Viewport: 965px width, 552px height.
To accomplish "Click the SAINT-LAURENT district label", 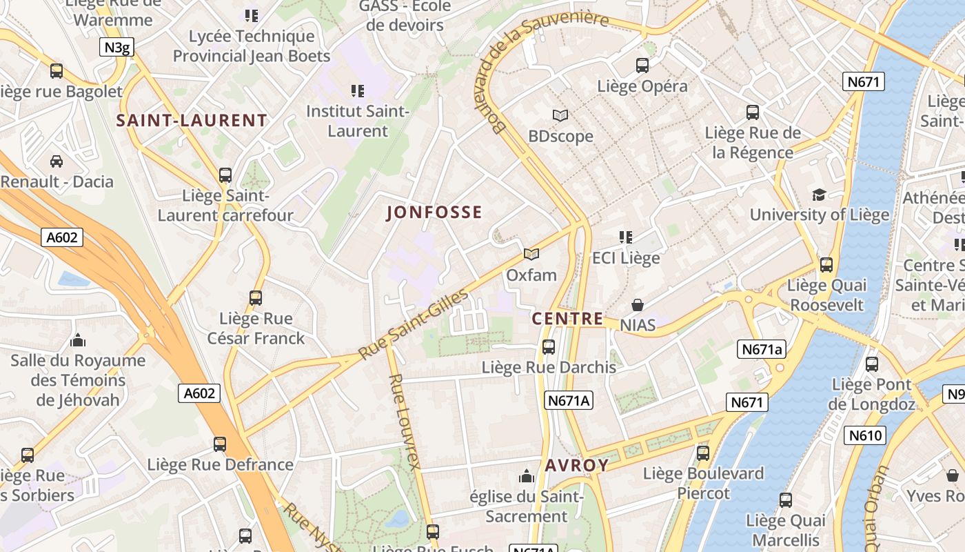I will click(191, 121).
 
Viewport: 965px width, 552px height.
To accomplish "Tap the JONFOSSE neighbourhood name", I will click(434, 213).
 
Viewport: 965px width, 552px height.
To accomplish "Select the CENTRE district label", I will click(567, 319).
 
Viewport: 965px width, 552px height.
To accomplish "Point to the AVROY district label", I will click(577, 466).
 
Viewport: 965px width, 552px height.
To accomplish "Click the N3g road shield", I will click(116, 47).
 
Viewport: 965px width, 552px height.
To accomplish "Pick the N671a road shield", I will click(762, 349).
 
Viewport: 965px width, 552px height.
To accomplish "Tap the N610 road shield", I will click(865, 435).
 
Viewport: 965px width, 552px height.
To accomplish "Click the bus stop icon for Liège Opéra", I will click(642, 66).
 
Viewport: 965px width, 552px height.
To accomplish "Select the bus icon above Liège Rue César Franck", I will click(256, 298).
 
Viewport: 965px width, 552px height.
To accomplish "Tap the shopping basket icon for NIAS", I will click(638, 304).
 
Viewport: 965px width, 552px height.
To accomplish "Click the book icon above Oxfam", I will click(531, 255).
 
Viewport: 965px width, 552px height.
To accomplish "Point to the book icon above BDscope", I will click(560, 115).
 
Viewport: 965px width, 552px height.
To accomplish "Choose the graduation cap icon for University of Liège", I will click(819, 195).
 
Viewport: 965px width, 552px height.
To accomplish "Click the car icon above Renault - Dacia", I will click(57, 161).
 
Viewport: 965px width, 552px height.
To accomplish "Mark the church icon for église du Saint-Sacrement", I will click(527, 476).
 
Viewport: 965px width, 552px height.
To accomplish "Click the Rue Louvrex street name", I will click(404, 422).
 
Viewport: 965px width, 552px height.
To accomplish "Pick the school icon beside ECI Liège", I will click(626, 237).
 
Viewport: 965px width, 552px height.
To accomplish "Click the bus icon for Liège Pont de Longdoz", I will click(872, 364).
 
